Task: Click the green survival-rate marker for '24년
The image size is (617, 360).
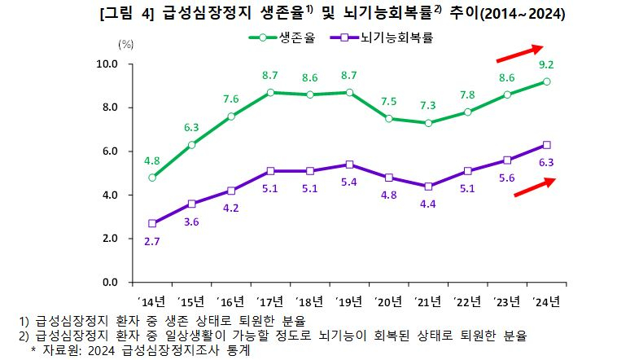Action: point(547,81)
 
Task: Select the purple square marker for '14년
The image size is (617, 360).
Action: point(152,223)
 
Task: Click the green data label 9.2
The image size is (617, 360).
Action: point(547,65)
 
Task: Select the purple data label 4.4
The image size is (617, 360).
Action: point(428,204)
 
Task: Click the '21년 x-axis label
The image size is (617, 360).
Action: point(428,302)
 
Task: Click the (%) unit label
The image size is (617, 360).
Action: point(126,44)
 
